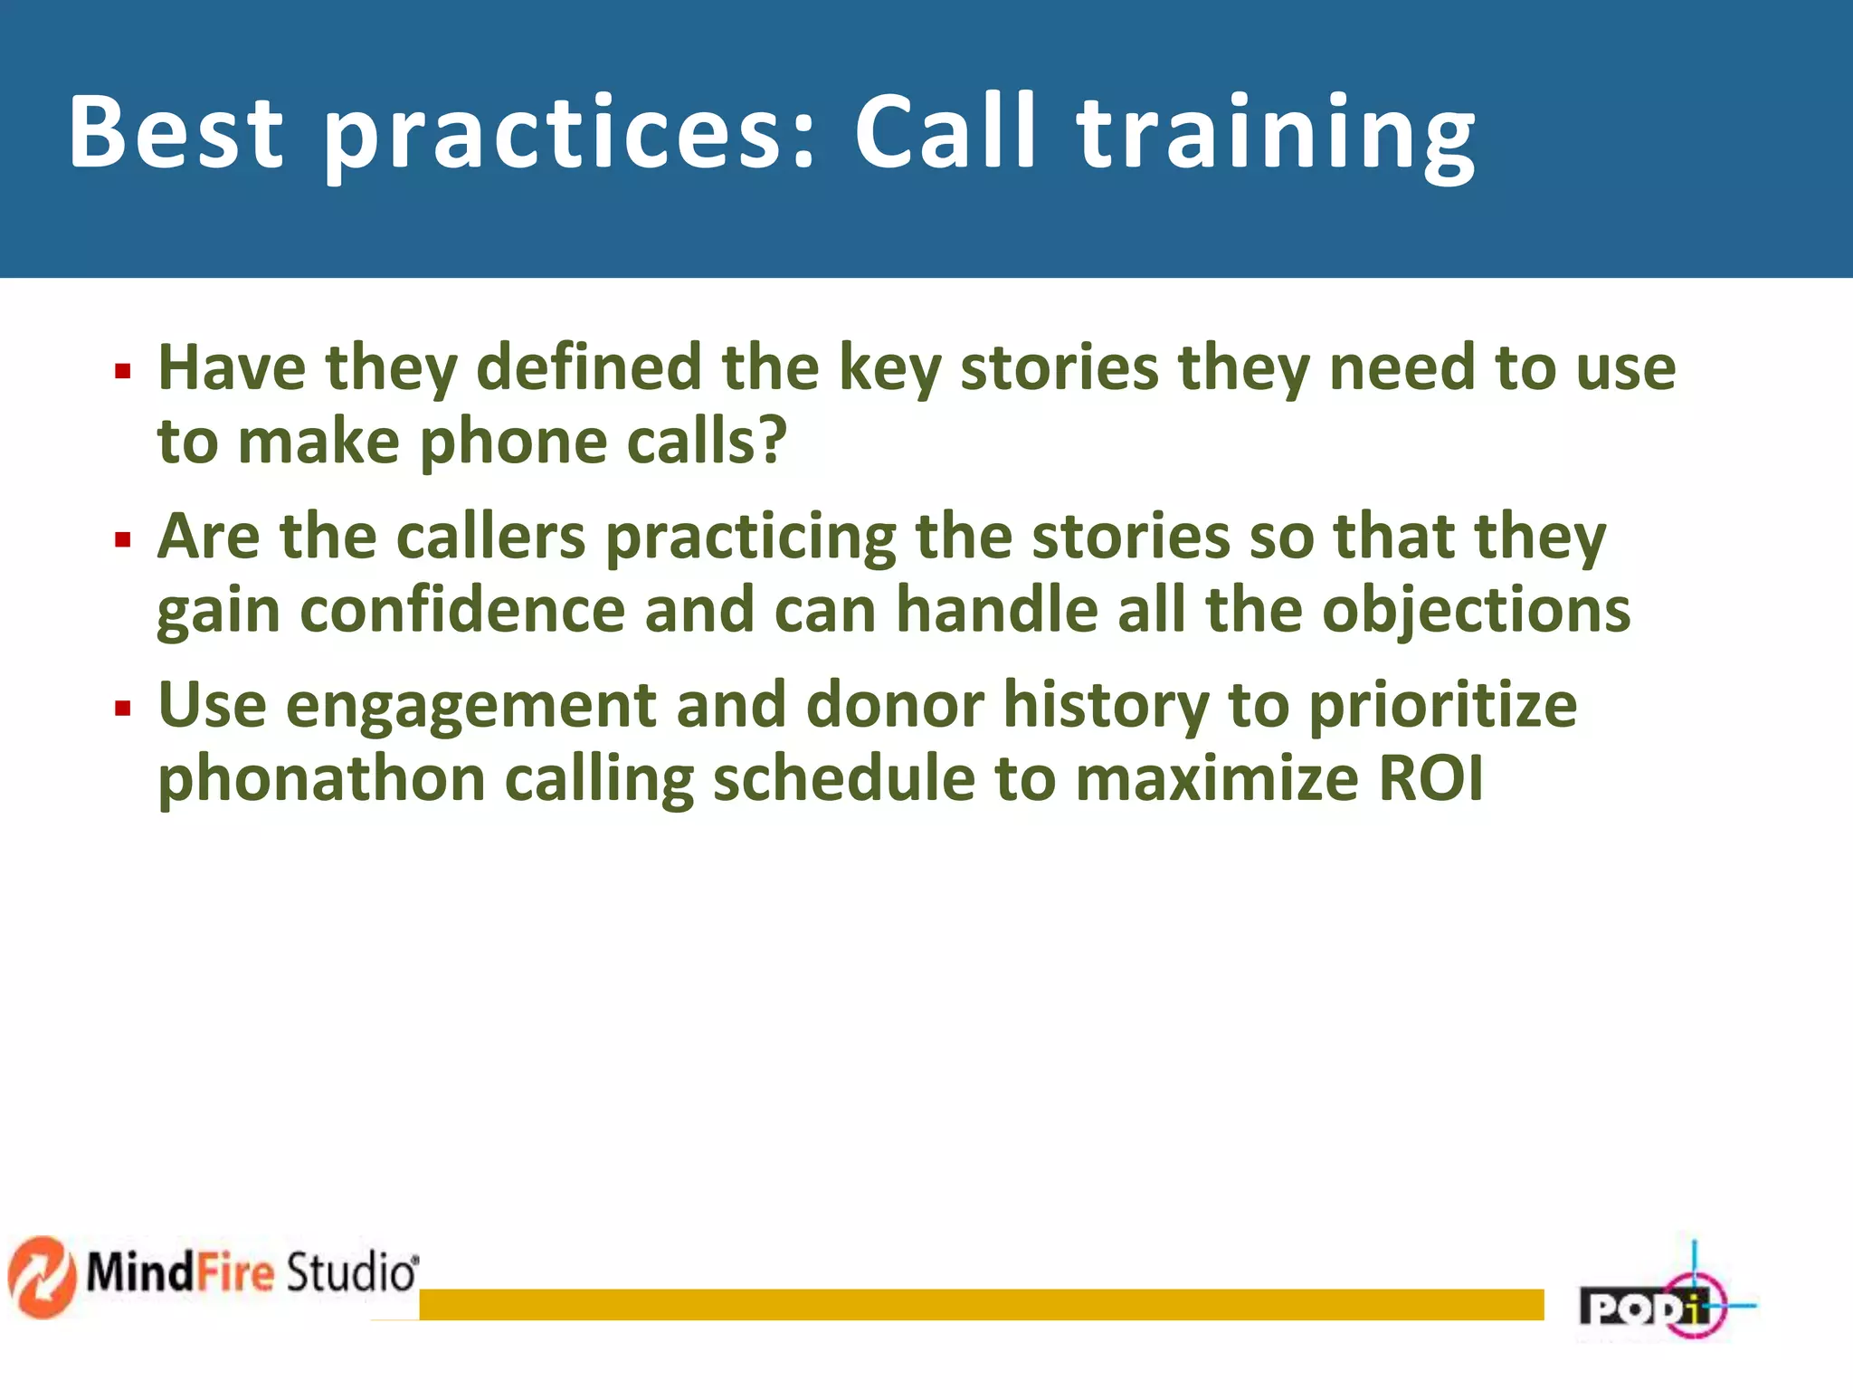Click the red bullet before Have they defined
(x=123, y=371)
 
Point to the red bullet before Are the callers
(x=123, y=540)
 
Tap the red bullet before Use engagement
(x=123, y=708)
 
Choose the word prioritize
(x=1442, y=706)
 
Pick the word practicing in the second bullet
(x=750, y=538)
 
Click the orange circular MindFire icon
(x=42, y=1276)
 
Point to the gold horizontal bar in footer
(x=981, y=1304)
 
